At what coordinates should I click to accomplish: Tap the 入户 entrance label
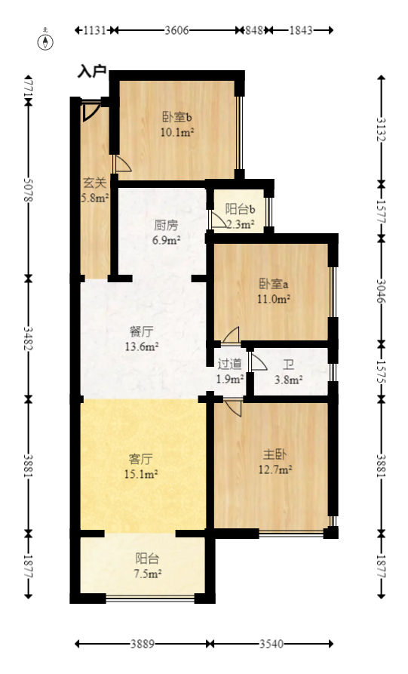[x=91, y=72]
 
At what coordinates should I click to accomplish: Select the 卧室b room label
[x=177, y=118]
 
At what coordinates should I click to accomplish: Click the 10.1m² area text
[x=177, y=132]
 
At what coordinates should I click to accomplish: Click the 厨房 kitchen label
[x=166, y=226]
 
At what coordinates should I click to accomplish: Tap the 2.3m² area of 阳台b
[x=240, y=224]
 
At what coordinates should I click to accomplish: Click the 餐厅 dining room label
[x=142, y=331]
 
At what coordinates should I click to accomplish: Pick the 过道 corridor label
[x=230, y=365]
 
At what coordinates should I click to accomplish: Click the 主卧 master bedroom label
[x=274, y=455]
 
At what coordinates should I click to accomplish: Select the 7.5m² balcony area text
[x=147, y=574]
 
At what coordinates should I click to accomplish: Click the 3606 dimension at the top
[x=177, y=31]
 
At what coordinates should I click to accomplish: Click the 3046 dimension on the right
[x=382, y=287]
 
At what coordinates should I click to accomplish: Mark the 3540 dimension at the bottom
[x=271, y=645]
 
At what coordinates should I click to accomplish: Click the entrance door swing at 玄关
[x=90, y=112]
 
